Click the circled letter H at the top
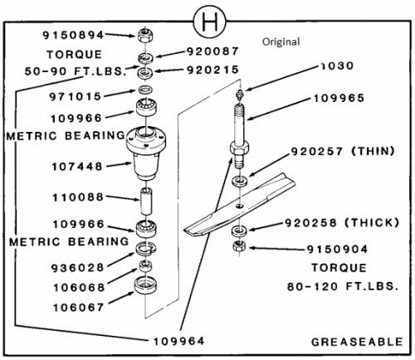click(x=209, y=22)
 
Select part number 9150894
click(x=73, y=35)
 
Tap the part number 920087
click(x=212, y=51)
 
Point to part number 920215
click(x=212, y=70)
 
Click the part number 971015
click(x=76, y=96)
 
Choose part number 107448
click(x=77, y=167)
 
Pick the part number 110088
click(x=78, y=197)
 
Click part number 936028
click(x=77, y=268)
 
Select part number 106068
click(x=79, y=288)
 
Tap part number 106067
click(x=79, y=308)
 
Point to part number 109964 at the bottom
click(x=178, y=341)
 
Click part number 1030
click(x=337, y=66)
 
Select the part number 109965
click(x=339, y=98)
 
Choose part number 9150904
click(x=337, y=250)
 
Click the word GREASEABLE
click(x=357, y=342)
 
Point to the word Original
click(x=281, y=42)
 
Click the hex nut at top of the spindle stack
click(x=145, y=35)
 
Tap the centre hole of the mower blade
click(x=240, y=206)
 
